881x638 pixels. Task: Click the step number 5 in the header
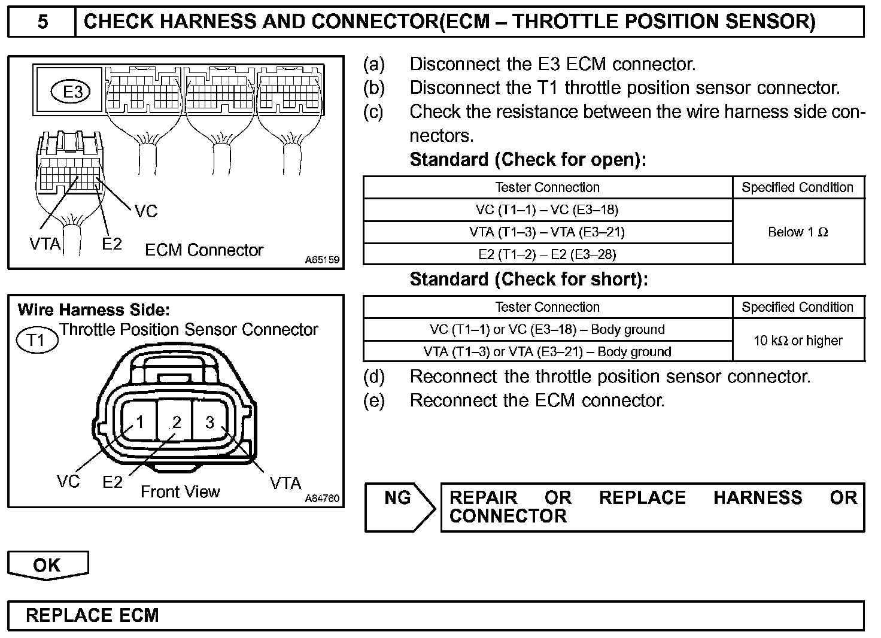[x=42, y=22]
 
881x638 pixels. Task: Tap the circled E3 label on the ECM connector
[x=73, y=92]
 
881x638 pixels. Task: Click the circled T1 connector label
[x=37, y=340]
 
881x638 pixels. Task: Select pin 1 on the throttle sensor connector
[x=139, y=422]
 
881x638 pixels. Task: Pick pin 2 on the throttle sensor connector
[x=176, y=422]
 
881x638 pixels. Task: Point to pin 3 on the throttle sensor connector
[x=209, y=422]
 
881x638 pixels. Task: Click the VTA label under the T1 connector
[x=285, y=482]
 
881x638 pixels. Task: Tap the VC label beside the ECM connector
[x=145, y=211]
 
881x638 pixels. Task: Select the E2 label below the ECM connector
[x=111, y=244]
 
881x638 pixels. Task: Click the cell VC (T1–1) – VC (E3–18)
[x=547, y=210]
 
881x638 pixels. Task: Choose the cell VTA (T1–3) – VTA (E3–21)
[x=547, y=232]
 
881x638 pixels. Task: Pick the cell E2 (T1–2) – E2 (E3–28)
[x=547, y=254]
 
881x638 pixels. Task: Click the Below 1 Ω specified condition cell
[x=798, y=232]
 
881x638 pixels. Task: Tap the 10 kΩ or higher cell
[x=798, y=341]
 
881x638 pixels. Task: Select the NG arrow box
[x=399, y=506]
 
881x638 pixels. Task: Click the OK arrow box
[x=47, y=565]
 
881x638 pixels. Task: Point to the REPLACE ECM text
[x=92, y=615]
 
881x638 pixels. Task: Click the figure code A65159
[x=322, y=260]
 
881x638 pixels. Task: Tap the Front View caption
[x=180, y=492]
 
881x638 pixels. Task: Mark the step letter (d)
[x=374, y=376]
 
